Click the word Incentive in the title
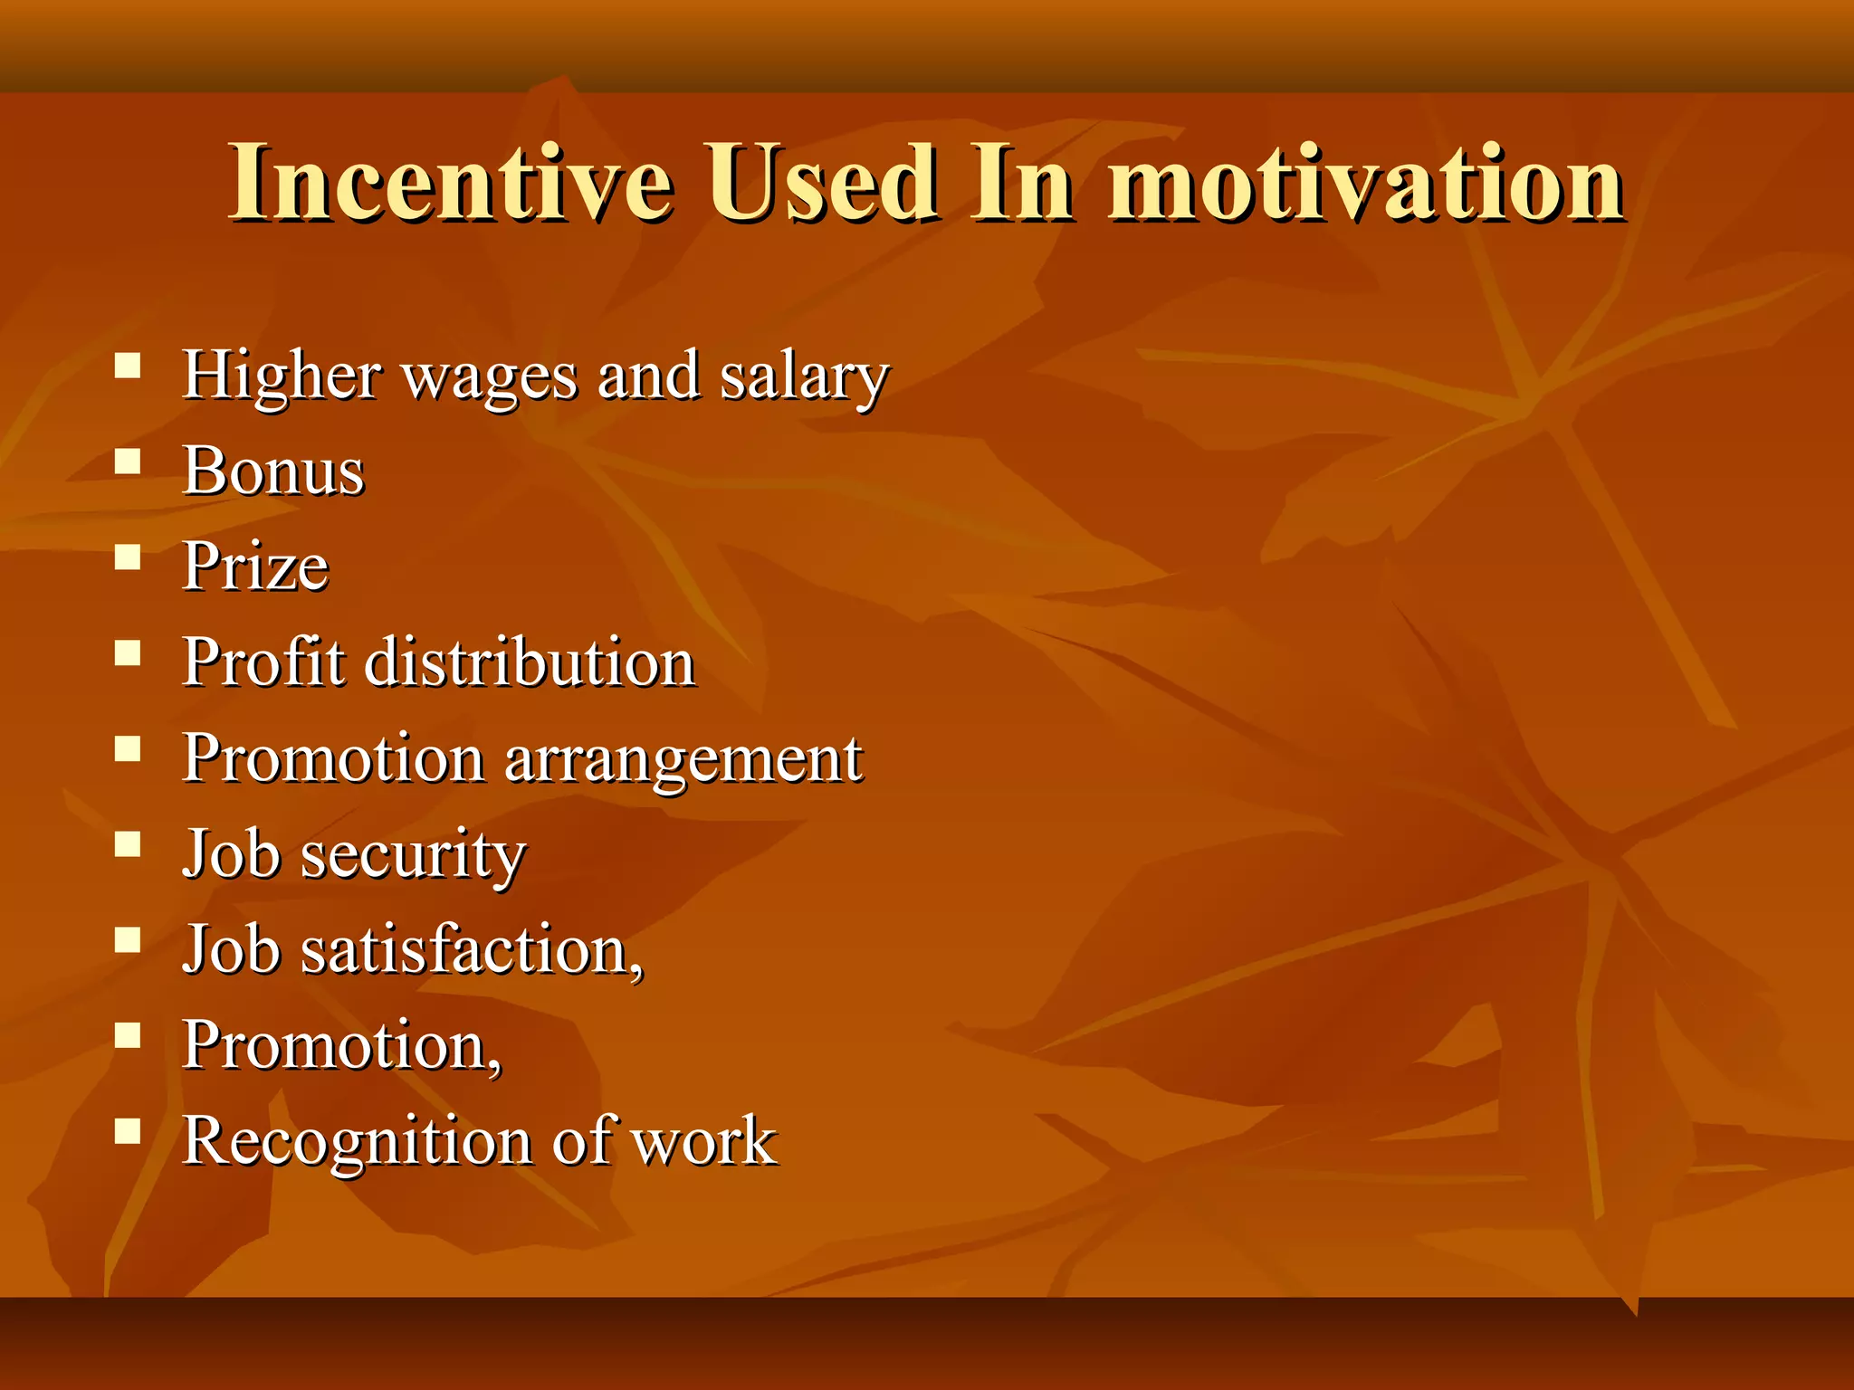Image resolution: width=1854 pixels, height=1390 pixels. click(450, 184)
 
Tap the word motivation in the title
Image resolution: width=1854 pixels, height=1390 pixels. click(1366, 184)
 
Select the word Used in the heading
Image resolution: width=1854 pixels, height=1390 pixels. click(821, 184)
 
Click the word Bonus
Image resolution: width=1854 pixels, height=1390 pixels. click(273, 471)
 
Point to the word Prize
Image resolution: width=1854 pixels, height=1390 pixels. click(255, 566)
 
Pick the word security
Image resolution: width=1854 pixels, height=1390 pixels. click(413, 855)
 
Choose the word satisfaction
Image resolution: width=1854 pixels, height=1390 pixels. click(471, 950)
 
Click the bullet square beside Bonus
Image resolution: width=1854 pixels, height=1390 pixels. click(128, 462)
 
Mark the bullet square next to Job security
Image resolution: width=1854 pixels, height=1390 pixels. click(128, 844)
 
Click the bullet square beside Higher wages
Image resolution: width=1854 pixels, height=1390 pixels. click(128, 366)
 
